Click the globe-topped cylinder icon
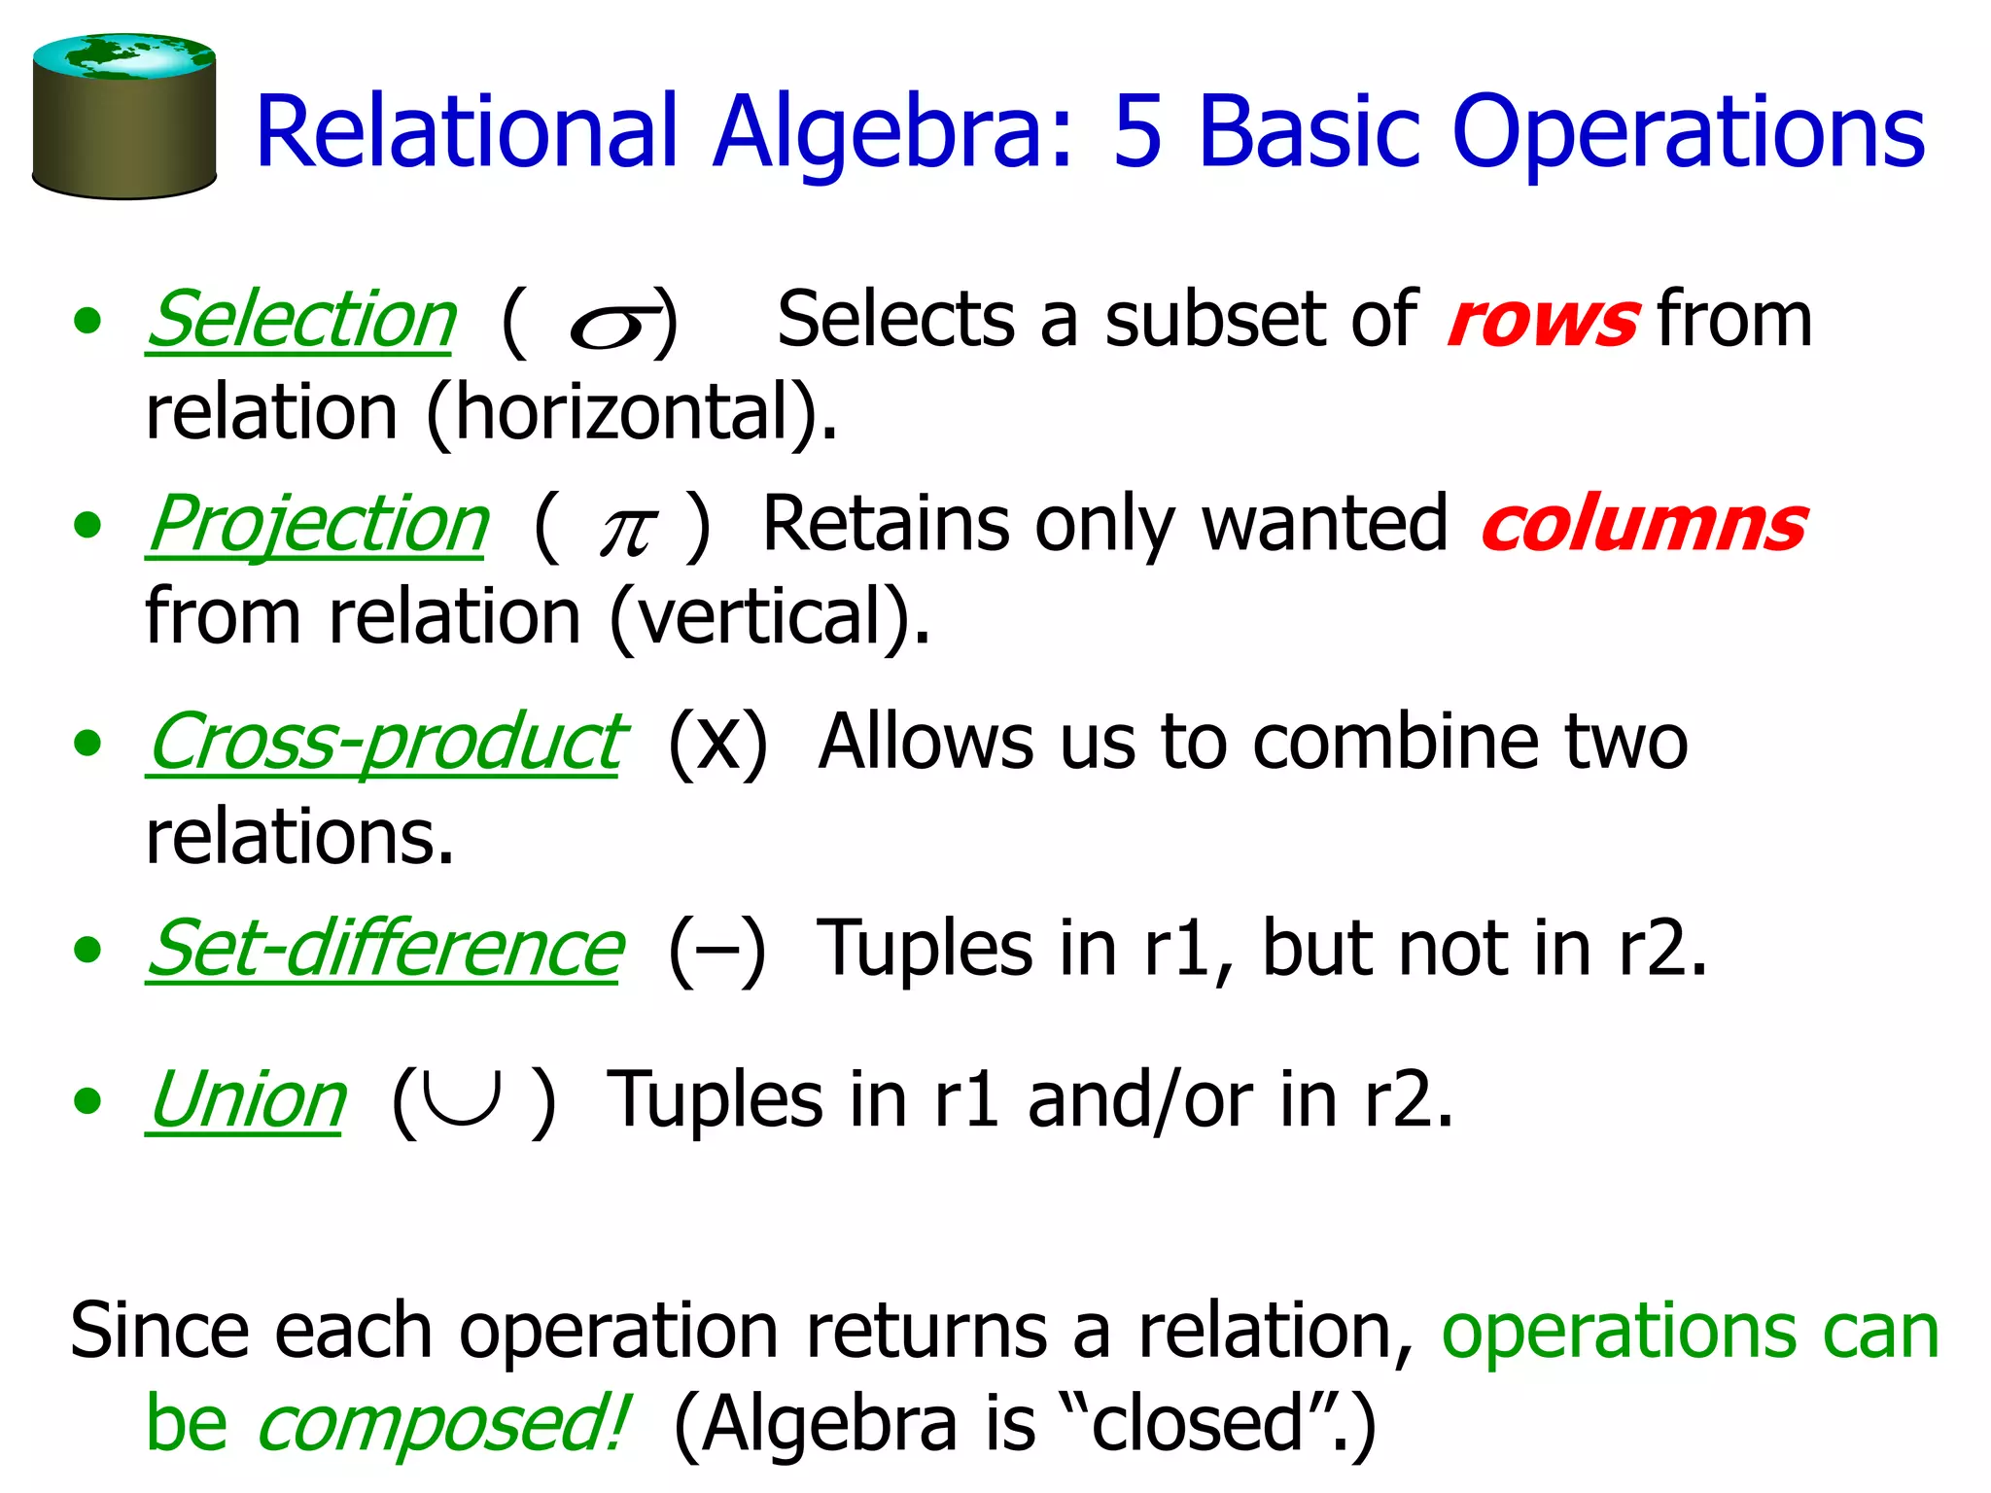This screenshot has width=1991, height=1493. coord(123,117)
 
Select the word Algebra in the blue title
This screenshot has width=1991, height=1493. coord(892,134)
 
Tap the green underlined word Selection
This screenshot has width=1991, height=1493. coord(300,320)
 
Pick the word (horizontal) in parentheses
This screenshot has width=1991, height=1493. coord(632,413)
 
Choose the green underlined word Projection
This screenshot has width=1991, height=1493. coord(318,525)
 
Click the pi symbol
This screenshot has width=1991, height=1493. coord(626,531)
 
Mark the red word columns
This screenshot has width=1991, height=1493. coord(1643,526)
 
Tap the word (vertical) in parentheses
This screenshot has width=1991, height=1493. coord(769,617)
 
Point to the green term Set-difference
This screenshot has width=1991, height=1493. coord(385,949)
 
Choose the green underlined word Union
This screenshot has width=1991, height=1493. coord(247,1100)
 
